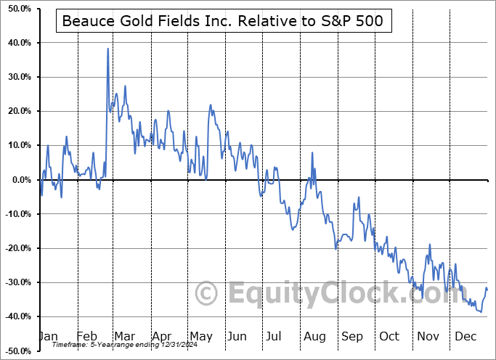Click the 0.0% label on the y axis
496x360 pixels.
click(x=20, y=180)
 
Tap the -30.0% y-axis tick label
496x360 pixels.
click(x=17, y=282)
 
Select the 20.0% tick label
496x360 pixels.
click(x=19, y=111)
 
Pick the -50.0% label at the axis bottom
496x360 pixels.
click(x=17, y=351)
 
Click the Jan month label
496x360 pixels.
click(x=47, y=337)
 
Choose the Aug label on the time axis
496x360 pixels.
click(x=315, y=337)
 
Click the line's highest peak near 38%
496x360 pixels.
click(x=107, y=49)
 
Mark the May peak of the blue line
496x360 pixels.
click(x=211, y=105)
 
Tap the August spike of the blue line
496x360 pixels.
click(x=312, y=152)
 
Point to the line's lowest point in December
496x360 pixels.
click(x=479, y=312)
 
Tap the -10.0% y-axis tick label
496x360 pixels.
click(x=17, y=214)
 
